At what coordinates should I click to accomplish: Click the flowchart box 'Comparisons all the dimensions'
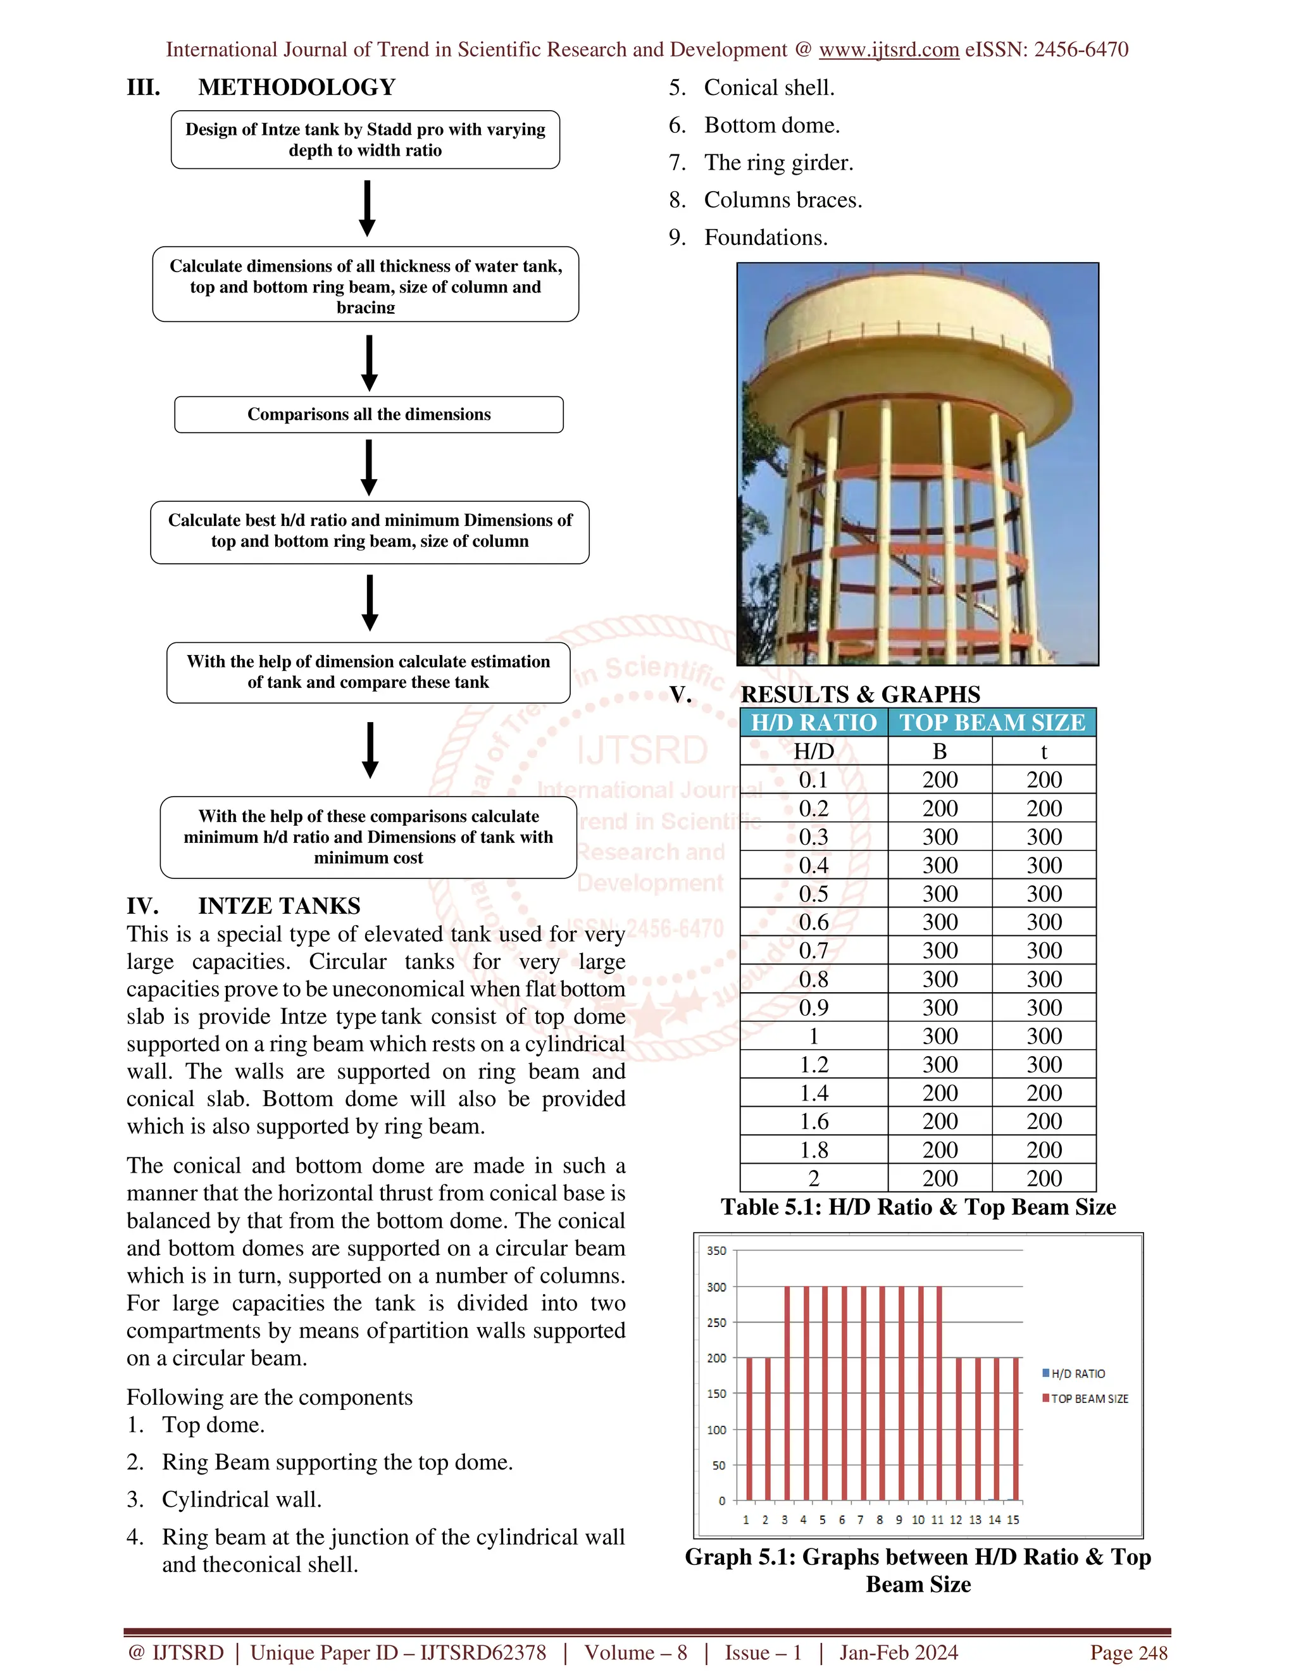point(368,415)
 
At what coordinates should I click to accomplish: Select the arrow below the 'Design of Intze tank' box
point(367,208)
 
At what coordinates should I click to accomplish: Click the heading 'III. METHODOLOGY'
point(261,87)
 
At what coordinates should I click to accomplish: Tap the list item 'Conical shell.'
point(768,87)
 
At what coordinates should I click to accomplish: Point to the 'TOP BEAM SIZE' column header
point(992,723)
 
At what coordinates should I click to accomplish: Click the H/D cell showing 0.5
point(813,894)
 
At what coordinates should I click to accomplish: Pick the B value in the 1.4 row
point(940,1093)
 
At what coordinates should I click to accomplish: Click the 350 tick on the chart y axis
point(716,1251)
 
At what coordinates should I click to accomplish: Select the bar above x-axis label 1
point(749,1428)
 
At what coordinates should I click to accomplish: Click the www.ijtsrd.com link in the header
point(888,50)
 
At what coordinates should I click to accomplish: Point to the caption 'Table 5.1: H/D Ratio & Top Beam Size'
point(918,1207)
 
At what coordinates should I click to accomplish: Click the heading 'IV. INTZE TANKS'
point(244,906)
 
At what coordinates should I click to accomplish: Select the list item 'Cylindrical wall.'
point(241,1500)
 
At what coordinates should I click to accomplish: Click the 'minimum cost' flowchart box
point(368,837)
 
